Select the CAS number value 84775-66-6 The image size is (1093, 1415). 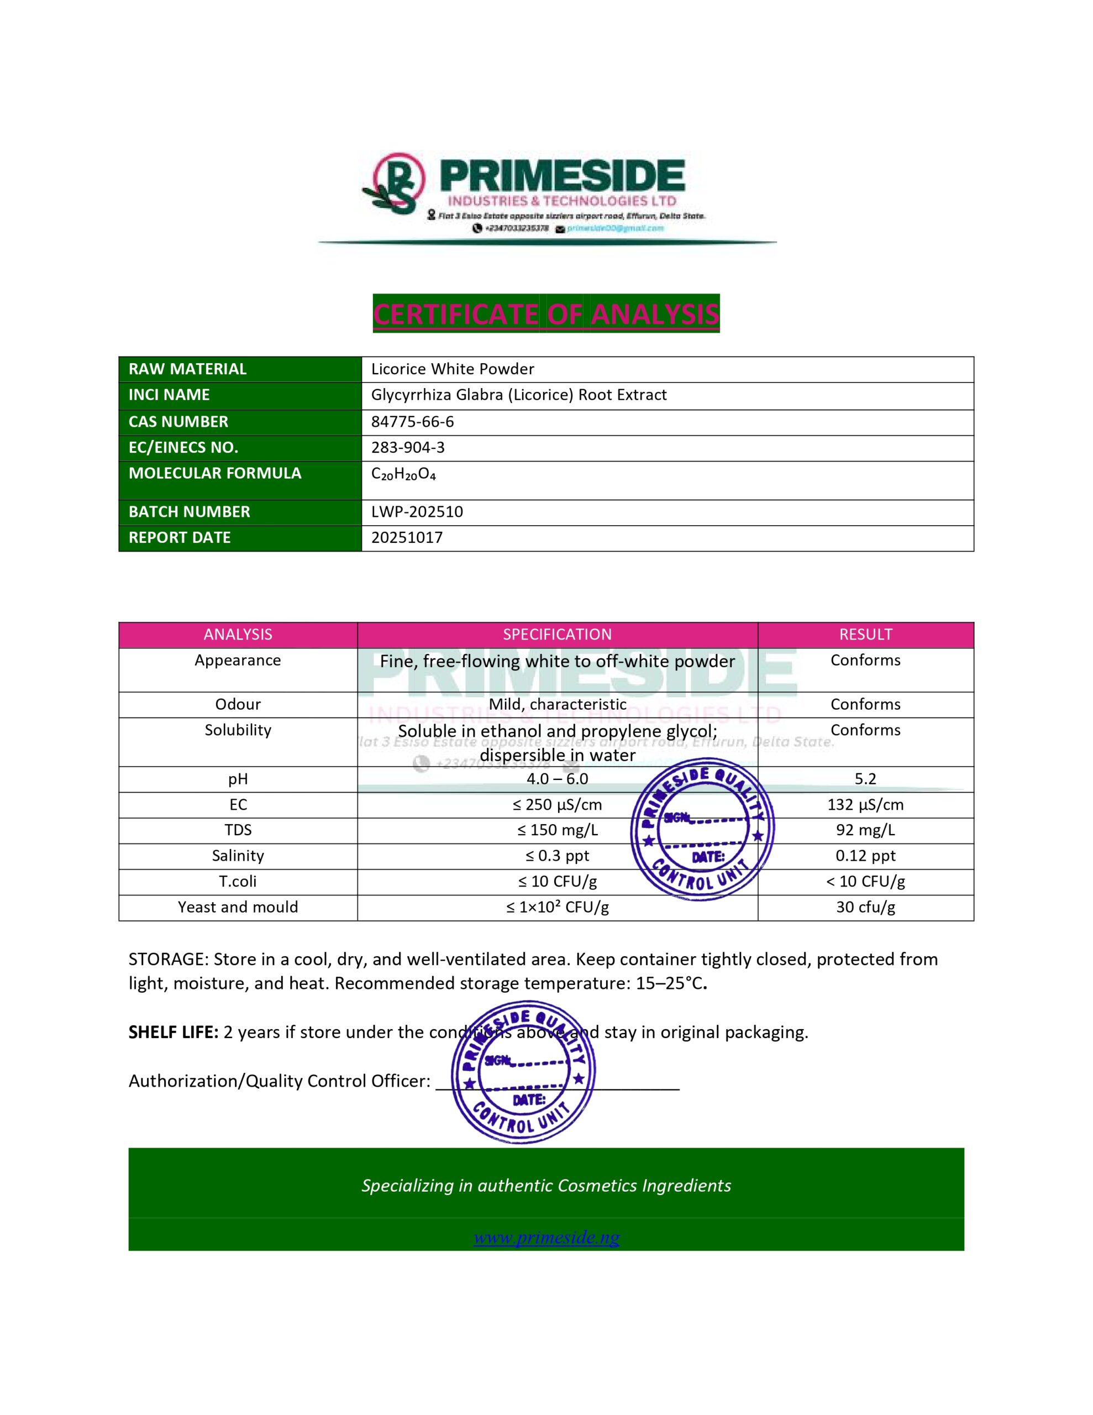point(412,422)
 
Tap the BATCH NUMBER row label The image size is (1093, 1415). point(189,512)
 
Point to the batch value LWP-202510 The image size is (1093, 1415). point(417,512)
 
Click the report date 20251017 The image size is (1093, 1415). point(407,538)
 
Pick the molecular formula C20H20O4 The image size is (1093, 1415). point(403,474)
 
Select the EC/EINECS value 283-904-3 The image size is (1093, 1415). point(407,448)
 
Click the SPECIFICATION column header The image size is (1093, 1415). point(557,635)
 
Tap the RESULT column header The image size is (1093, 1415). point(865,635)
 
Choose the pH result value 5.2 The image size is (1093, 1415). point(865,779)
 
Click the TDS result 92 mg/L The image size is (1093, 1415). point(865,830)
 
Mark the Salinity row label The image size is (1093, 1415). point(238,856)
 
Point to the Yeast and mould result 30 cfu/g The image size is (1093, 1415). point(865,907)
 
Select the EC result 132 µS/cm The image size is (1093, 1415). point(865,805)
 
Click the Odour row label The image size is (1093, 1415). point(238,704)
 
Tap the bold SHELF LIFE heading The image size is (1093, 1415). point(173,1032)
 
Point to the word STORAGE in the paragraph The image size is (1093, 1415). point(167,960)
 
